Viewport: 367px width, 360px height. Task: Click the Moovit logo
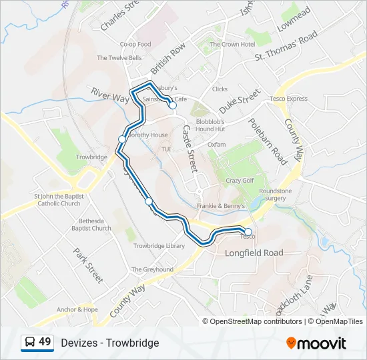316,343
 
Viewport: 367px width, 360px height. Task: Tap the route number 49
45,342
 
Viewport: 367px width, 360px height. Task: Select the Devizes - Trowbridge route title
109,343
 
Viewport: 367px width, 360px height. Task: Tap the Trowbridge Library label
159,246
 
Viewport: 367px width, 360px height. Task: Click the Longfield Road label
254,253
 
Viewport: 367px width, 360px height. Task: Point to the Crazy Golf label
240,181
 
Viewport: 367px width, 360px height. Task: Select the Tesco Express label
289,99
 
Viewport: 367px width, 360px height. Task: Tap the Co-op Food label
135,45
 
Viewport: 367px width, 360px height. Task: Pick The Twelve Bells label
119,58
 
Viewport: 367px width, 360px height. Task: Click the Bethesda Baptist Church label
91,224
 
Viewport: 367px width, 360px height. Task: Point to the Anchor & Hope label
77,309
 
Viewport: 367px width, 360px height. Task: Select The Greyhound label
152,269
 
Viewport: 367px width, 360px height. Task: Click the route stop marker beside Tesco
248,232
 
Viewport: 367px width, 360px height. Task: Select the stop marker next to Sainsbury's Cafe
172,105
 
